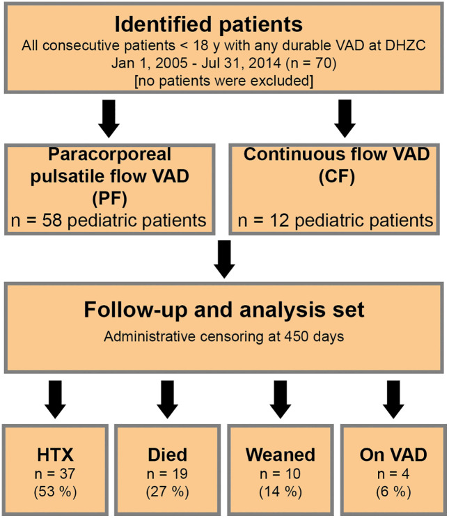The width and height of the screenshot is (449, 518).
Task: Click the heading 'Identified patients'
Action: [208, 24]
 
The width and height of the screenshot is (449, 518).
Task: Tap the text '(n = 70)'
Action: [311, 63]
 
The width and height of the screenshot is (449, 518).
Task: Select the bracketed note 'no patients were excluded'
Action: [223, 81]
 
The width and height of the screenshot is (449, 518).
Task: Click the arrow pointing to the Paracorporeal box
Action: [109, 118]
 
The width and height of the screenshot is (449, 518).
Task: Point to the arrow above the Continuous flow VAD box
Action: [345, 118]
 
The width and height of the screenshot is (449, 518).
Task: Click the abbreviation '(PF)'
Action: [110, 198]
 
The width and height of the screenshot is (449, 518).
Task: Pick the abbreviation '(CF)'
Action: [337, 176]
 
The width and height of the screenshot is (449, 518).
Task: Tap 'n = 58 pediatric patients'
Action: [109, 220]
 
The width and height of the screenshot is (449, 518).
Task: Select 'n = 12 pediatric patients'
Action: [336, 220]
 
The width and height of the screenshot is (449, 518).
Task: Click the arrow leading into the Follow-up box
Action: [224, 259]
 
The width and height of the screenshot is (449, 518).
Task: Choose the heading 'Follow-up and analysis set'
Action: [224, 310]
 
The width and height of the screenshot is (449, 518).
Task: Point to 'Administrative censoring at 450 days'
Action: [223, 337]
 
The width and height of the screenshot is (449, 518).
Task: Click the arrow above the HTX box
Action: [55, 400]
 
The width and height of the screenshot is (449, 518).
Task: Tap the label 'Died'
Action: [168, 455]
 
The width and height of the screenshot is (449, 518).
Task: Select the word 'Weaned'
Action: [280, 455]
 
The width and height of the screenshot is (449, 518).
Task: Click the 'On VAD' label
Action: [393, 455]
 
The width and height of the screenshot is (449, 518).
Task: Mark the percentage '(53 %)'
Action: [55, 492]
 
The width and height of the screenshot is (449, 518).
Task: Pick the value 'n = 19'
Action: [168, 474]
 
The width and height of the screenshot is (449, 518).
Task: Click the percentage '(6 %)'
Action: [393, 492]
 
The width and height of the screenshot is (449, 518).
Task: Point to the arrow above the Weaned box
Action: [280, 400]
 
